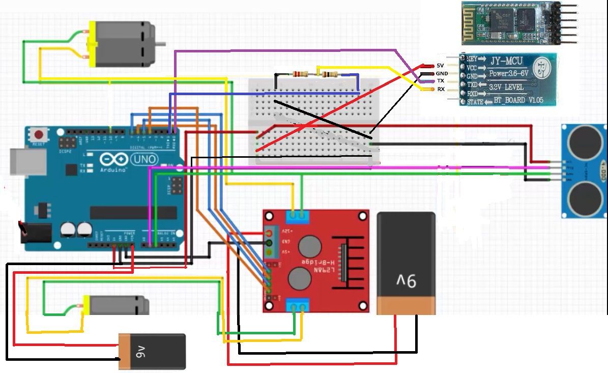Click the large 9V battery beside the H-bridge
tap(406, 263)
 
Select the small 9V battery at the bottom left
tap(152, 351)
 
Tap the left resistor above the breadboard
tap(298, 74)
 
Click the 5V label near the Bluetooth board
tap(441, 66)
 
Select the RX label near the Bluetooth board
tap(441, 89)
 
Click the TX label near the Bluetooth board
tap(441, 81)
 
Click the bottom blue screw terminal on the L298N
tap(298, 306)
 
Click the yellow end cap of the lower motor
tap(86, 305)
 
